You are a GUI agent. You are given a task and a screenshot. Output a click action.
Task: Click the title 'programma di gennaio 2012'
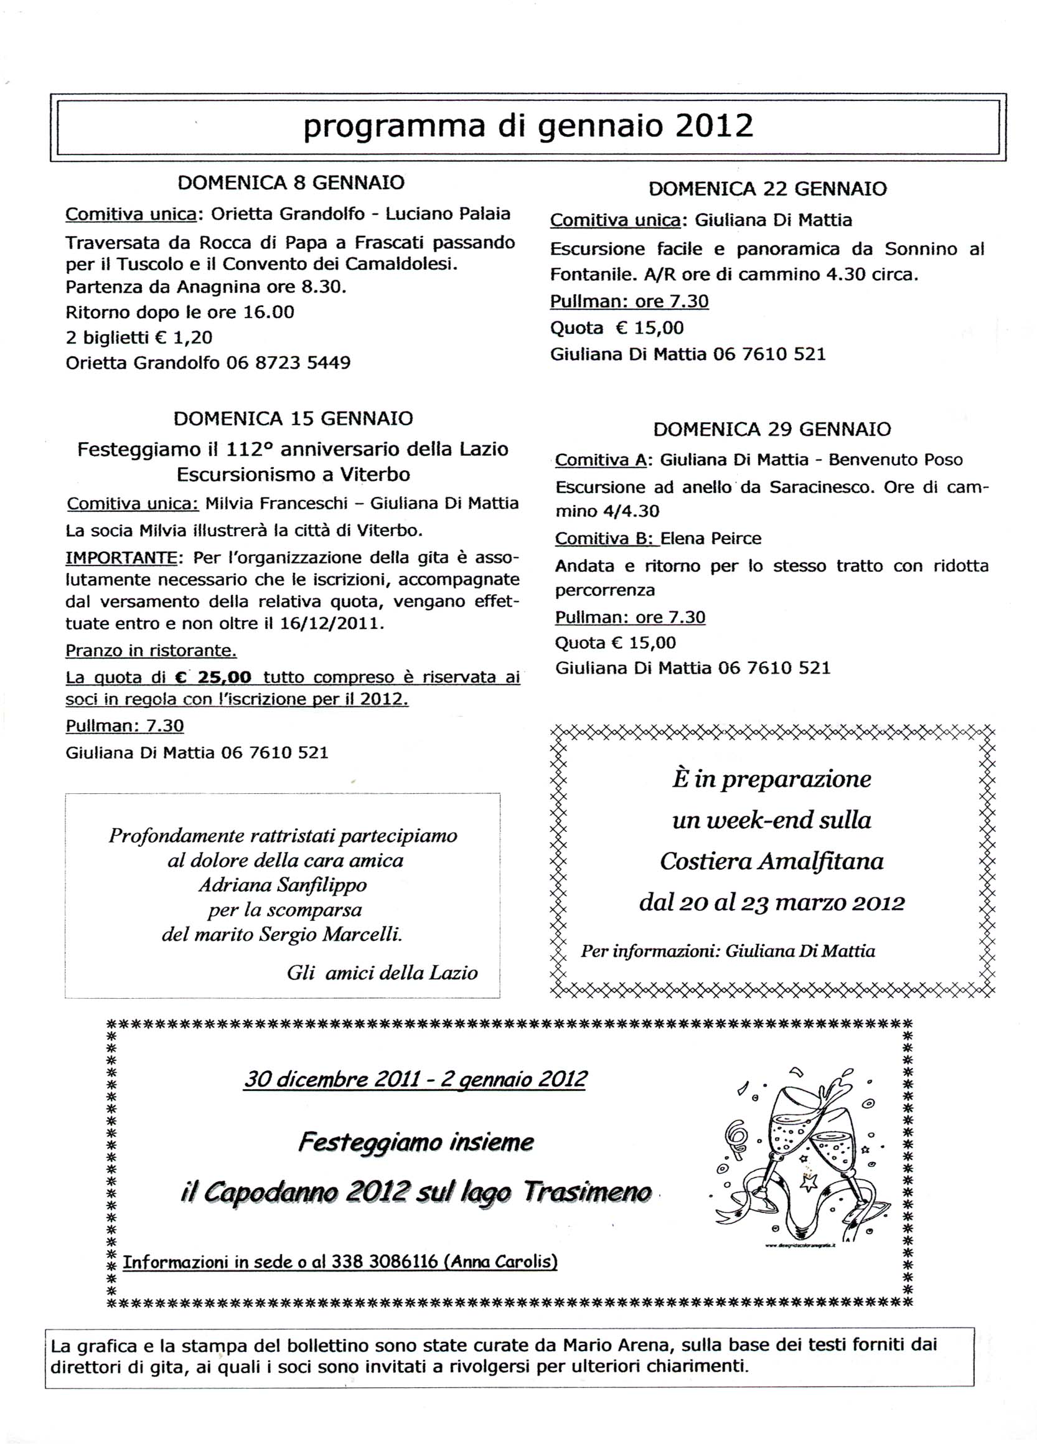(528, 126)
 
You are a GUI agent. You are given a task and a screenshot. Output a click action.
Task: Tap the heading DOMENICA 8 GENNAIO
(291, 182)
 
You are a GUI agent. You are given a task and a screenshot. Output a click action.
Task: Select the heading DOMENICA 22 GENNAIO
(767, 189)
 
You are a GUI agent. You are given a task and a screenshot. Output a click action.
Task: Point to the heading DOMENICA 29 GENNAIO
(772, 429)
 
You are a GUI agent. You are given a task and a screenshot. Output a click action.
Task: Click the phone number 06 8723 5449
(288, 363)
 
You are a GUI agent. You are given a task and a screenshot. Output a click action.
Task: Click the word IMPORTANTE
(121, 558)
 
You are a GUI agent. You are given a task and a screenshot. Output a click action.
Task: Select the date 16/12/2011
(331, 623)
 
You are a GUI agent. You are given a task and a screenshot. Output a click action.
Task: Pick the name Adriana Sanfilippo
(283, 885)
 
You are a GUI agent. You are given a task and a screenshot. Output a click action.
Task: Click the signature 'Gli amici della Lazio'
(382, 973)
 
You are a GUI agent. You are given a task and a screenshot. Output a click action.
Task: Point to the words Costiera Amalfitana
(772, 861)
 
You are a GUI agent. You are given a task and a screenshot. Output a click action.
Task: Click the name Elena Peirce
(710, 539)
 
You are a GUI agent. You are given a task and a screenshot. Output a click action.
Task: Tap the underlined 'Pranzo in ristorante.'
(151, 650)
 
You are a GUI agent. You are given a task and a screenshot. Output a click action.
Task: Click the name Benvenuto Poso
(895, 460)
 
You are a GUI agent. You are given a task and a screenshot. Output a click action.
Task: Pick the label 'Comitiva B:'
(604, 539)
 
